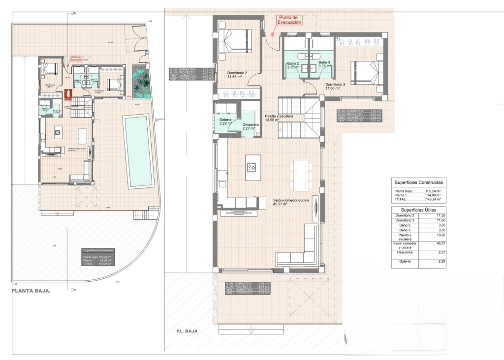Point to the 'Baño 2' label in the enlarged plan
(294, 63)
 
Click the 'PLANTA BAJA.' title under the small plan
(31, 291)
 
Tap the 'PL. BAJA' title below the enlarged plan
(187, 331)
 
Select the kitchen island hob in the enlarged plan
(253, 167)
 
